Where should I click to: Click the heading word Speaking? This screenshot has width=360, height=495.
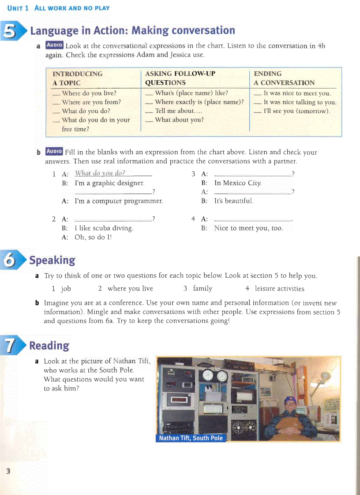pos(52,260)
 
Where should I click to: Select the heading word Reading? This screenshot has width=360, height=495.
pos(49,346)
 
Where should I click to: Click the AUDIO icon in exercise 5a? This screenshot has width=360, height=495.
pos(55,45)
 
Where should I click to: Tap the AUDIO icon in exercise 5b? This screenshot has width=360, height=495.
pos(54,152)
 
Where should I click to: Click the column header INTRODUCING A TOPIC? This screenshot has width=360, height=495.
pos(77,78)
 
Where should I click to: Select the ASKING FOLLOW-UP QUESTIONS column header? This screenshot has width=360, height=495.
pos(180,78)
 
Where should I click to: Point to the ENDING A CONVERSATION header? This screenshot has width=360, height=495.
pos(284,78)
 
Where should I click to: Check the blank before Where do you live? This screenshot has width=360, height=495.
pos(56,94)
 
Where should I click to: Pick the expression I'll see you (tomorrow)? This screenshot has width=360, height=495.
pos(296,111)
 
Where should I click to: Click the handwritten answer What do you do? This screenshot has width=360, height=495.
pos(100,173)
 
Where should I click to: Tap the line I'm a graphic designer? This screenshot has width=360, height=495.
pos(109,183)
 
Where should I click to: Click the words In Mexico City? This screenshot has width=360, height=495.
pos(238,183)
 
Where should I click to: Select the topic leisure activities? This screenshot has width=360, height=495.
pos(279,289)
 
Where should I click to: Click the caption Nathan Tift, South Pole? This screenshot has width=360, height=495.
pos(191,438)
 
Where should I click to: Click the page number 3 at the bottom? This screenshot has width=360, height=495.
pos(8,471)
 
